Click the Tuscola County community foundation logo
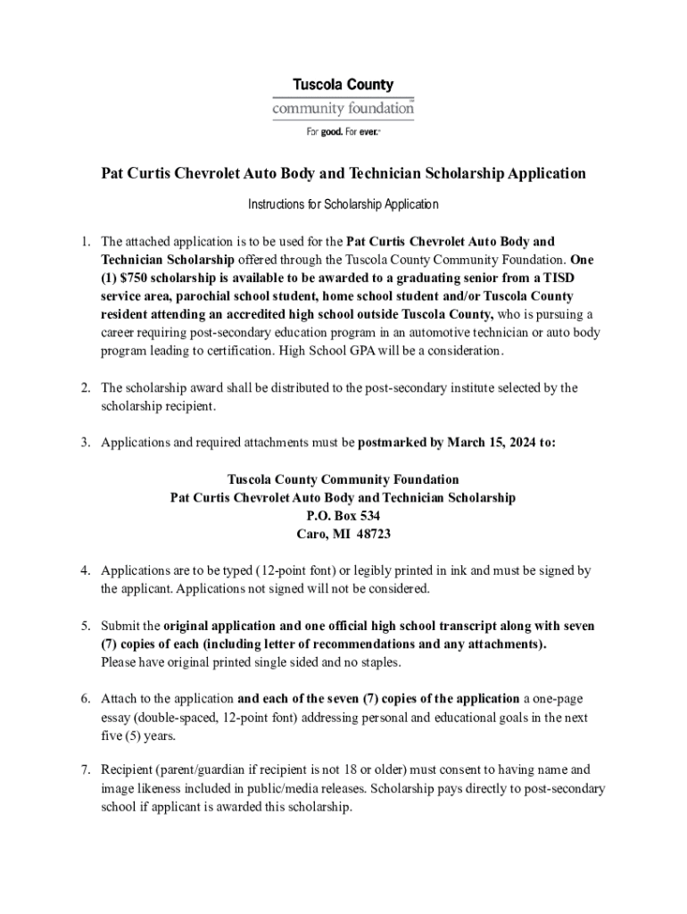pos(343,98)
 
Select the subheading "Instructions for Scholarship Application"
pos(343,204)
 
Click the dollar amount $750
pos(142,278)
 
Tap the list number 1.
pos(85,241)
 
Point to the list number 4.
pos(85,570)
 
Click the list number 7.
pos(85,769)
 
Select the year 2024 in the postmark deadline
pos(511,442)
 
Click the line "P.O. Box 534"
pos(343,516)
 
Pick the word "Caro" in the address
pos(311,534)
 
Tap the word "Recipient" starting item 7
pos(130,769)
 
